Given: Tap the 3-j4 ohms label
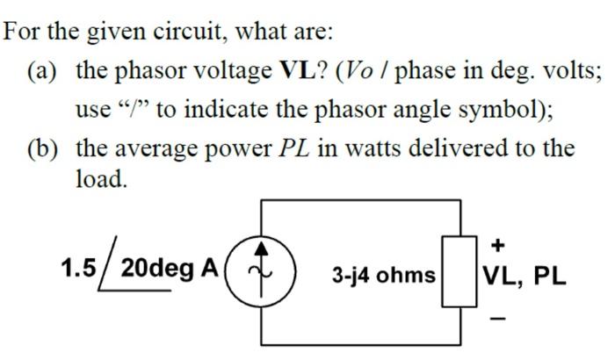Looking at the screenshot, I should pyautogui.click(x=383, y=276).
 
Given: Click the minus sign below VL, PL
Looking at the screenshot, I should pyautogui.click(x=499, y=319).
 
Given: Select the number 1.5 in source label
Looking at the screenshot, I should pyautogui.click(x=78, y=268).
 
